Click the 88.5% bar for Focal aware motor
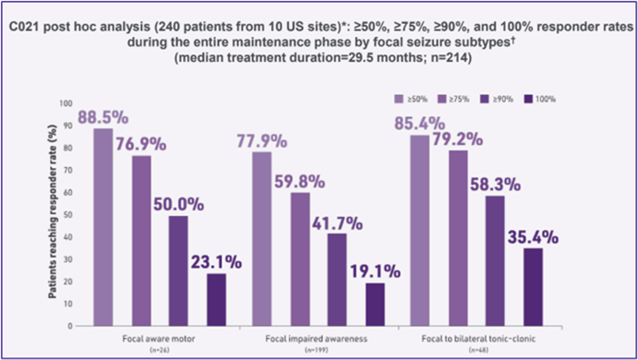tap(103, 227)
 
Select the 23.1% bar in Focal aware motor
tap(215, 300)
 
